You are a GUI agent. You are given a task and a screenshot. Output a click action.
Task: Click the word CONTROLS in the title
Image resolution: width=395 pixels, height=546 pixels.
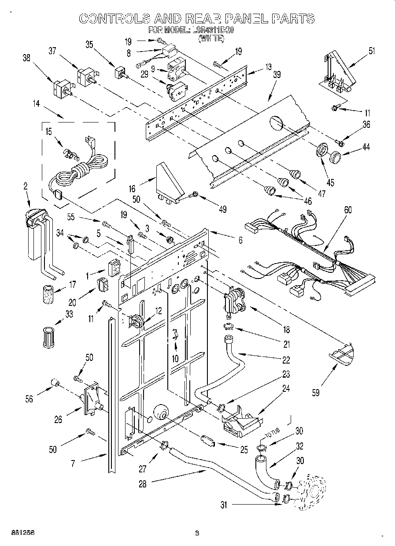pos(114,19)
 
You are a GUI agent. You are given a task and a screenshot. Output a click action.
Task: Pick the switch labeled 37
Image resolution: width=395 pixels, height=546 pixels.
pos(86,77)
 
